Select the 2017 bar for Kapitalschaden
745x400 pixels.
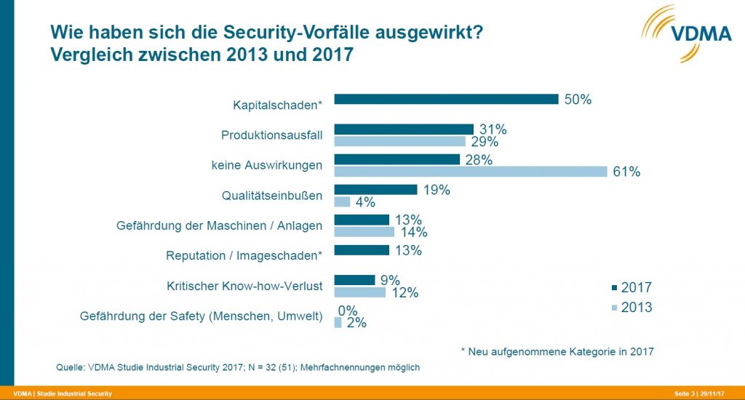445,100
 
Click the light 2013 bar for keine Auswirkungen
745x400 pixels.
470,172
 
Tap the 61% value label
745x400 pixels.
626,172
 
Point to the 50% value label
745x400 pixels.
577,100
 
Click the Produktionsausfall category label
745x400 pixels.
271,135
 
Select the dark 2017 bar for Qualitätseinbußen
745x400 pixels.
375,190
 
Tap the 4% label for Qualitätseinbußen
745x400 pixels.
365,202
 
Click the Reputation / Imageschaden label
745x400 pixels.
244,255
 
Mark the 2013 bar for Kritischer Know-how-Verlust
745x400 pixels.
359,292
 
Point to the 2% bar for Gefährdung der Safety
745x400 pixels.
338,322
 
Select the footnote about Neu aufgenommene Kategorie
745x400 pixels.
557,351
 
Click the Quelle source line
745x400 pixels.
238,367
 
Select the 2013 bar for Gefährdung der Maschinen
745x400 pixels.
364,232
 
